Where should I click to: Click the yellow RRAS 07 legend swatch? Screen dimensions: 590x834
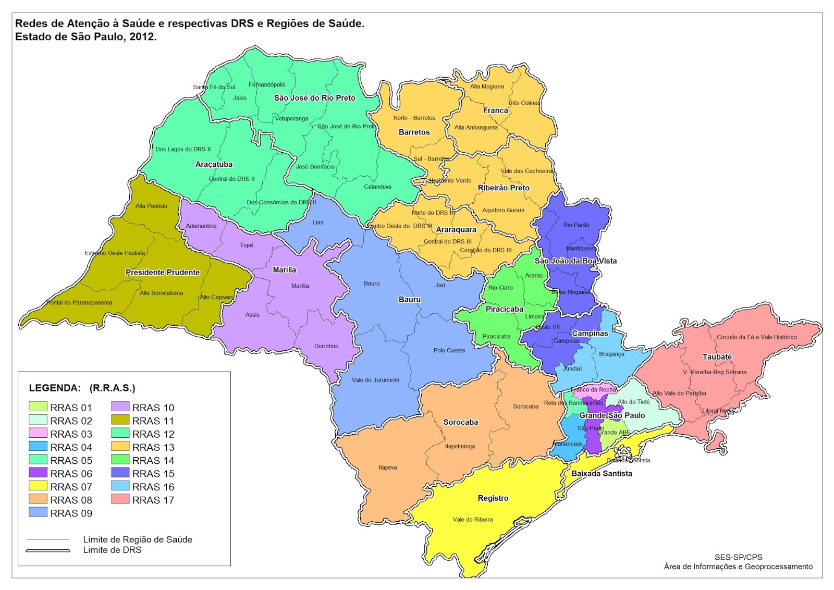tap(38, 486)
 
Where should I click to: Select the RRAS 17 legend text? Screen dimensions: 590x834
tap(153, 500)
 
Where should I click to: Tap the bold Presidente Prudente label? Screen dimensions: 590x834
tap(163, 272)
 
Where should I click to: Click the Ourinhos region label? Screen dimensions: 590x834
tap(326, 346)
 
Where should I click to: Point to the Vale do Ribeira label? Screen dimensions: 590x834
tap(472, 519)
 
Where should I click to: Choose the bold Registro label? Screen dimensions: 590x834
tap(493, 498)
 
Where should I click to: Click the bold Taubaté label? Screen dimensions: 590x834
tap(717, 357)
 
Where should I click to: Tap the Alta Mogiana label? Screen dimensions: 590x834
tap(487, 87)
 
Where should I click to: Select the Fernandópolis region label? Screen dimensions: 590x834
tap(267, 84)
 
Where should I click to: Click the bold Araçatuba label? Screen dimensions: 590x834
tap(214, 164)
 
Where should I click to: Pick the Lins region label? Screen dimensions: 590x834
tap(318, 222)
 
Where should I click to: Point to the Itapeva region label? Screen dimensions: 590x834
tap(388, 468)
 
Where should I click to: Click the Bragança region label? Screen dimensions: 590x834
tap(611, 354)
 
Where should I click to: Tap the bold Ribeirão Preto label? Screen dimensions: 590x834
tap(503, 188)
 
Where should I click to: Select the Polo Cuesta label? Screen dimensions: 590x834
tap(449, 350)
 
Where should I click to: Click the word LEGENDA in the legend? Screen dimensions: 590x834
tap(55, 388)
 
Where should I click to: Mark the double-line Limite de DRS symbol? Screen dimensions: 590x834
tap(48, 550)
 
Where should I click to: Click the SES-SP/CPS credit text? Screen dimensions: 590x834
tap(738, 557)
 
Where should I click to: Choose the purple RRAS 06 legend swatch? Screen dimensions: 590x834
tap(38, 473)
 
